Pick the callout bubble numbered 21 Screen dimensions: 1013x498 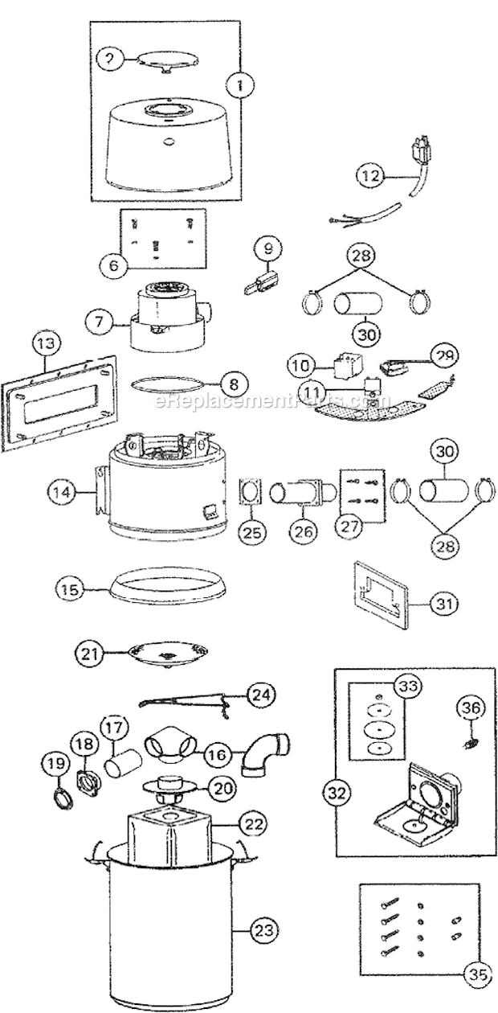point(92,653)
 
